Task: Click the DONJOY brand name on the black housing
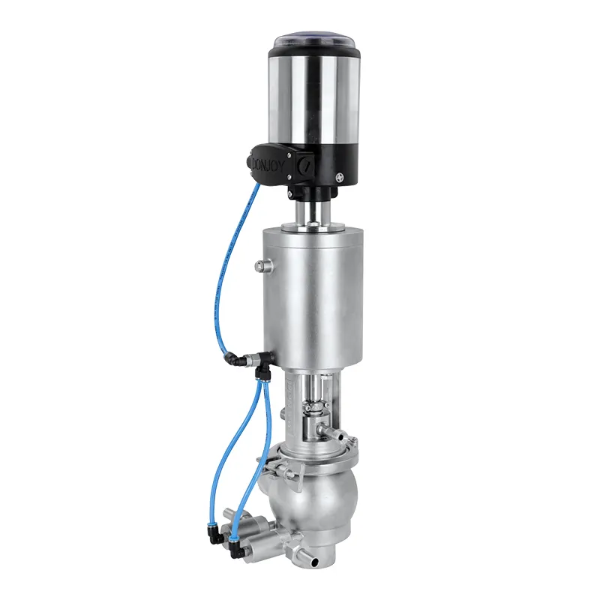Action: point(269,161)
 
